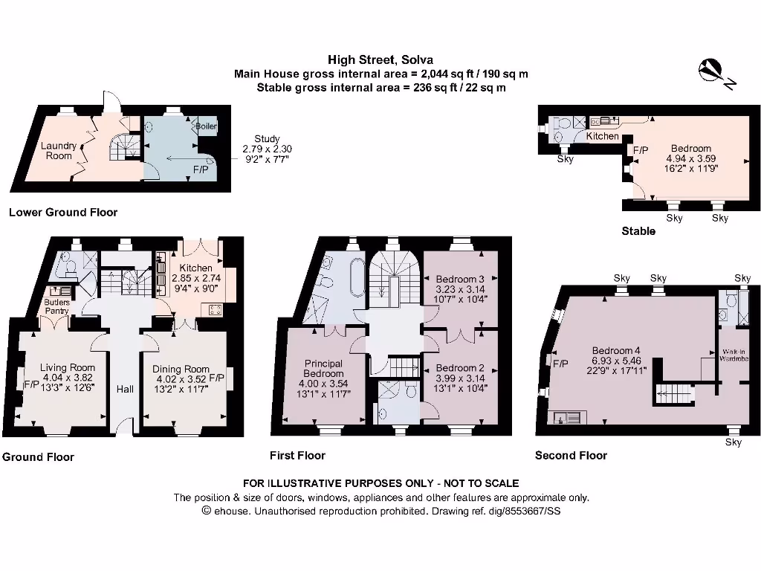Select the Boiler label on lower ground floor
[207, 127]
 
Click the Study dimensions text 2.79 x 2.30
[267, 149]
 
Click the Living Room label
[67, 367]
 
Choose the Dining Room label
[181, 369]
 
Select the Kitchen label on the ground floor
[195, 268]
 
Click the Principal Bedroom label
[323, 368]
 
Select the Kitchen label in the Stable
[602, 137]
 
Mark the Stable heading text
[638, 231]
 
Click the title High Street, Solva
[380, 59]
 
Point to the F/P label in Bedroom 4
[561, 364]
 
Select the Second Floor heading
[571, 455]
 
